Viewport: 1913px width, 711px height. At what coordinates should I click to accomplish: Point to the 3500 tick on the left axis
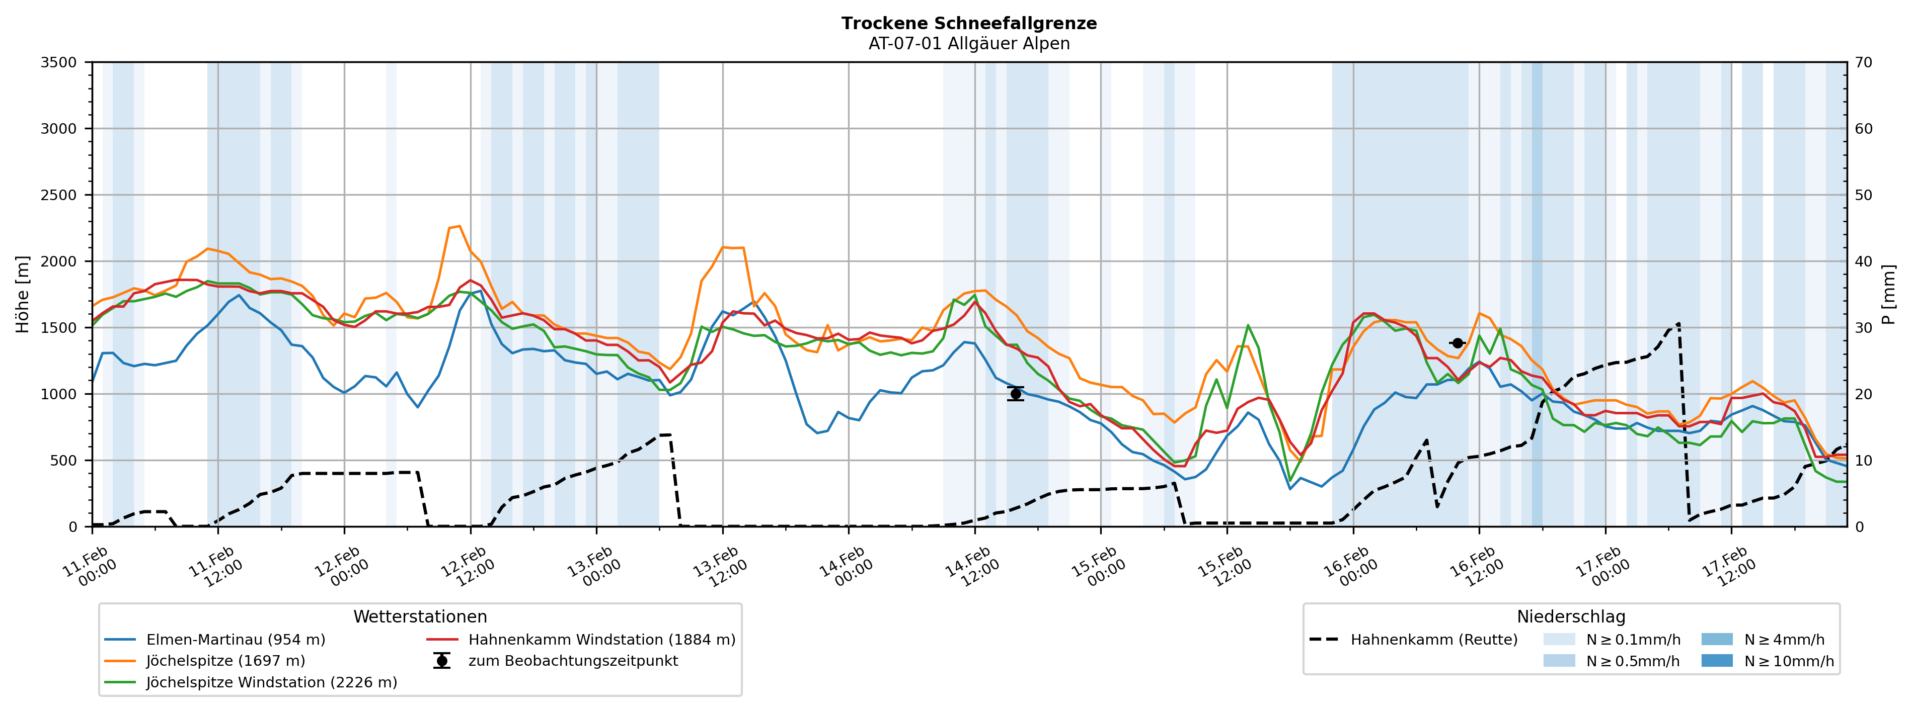click(59, 62)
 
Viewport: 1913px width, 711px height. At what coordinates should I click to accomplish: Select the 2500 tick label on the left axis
click(59, 195)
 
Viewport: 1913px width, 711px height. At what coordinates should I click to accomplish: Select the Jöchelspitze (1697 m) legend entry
click(225, 661)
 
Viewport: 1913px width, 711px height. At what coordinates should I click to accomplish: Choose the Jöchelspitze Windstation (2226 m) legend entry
click(271, 682)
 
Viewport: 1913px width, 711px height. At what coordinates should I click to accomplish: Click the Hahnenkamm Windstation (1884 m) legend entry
click(601, 640)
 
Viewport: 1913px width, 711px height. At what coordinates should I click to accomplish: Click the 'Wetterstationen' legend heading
click(420, 617)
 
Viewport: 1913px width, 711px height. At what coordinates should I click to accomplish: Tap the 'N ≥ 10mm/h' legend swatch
click(1716, 661)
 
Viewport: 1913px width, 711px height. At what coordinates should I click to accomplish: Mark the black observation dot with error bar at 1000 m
click(1015, 393)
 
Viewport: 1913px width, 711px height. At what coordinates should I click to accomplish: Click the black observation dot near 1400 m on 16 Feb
click(1457, 343)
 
